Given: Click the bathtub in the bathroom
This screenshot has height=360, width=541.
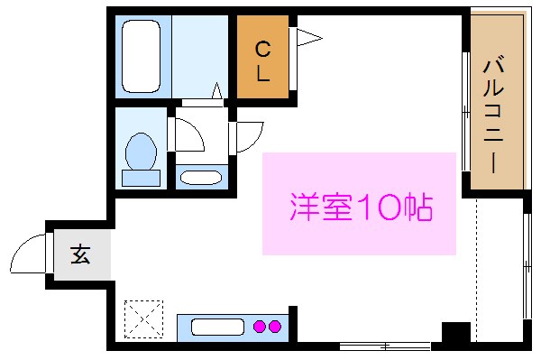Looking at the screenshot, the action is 141,56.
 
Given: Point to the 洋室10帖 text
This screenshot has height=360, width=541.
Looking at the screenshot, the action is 361,208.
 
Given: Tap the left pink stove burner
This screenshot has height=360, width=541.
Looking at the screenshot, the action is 260,327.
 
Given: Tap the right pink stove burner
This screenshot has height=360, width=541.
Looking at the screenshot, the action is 276,327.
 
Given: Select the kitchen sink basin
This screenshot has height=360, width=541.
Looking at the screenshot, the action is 215,327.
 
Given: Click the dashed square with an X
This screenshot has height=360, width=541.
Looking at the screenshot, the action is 141,318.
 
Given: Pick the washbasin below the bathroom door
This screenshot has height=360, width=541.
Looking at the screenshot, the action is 199,176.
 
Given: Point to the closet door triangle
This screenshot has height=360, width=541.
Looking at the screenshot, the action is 307,37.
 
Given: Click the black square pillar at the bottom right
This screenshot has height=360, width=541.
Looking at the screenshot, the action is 455,332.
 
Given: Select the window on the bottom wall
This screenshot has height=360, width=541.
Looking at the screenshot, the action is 384,346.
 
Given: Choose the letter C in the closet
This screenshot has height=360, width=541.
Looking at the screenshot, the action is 262,48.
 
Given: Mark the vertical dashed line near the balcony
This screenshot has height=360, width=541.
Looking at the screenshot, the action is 475,262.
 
